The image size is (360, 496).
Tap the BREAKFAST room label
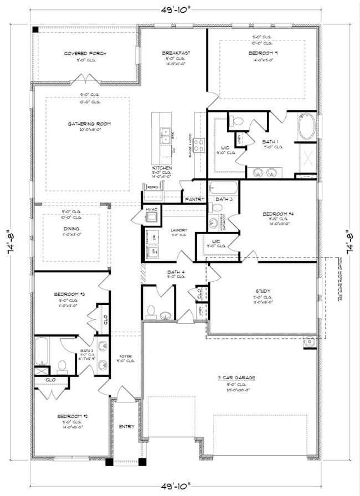coord(176,53)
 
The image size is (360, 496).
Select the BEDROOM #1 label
coord(262,53)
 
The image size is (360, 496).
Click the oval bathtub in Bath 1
coord(306,127)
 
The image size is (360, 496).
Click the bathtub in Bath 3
coord(224,188)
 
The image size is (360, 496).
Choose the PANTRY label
coord(195,199)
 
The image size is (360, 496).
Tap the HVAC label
coord(151,209)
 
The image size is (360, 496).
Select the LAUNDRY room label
coord(178,230)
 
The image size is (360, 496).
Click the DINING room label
coord(71,229)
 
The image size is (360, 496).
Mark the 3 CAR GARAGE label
coord(236,378)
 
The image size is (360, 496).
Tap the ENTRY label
coord(126,426)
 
